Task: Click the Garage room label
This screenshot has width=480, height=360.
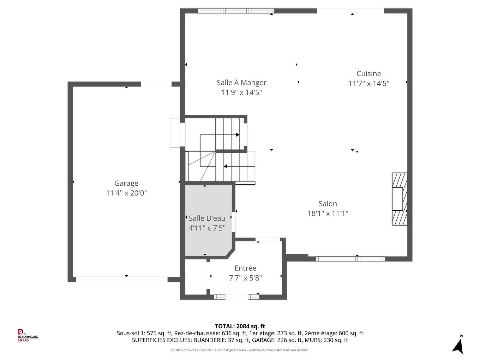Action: (126, 183)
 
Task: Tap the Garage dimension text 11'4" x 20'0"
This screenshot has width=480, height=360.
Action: (126, 193)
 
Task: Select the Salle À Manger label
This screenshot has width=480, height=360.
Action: (241, 83)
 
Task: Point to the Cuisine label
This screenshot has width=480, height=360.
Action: (369, 73)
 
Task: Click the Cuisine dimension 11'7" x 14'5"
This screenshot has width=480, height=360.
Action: (369, 84)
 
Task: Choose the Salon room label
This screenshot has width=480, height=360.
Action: (328, 204)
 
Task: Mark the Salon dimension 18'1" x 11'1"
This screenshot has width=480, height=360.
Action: (328, 214)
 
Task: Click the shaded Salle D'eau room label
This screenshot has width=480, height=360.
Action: (207, 218)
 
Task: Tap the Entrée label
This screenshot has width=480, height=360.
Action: (246, 268)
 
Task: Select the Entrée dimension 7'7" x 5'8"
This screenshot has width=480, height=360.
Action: (246, 278)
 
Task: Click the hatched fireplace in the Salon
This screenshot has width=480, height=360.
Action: (400, 199)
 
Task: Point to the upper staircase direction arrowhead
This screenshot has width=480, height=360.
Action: (238, 135)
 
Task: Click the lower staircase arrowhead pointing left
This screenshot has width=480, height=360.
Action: (225, 166)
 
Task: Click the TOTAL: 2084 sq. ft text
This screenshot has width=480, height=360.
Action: (240, 326)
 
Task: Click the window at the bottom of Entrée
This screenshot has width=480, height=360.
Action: (236, 297)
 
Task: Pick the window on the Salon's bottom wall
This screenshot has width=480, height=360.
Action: (350, 259)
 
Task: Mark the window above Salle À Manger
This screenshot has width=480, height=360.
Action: (236, 11)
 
